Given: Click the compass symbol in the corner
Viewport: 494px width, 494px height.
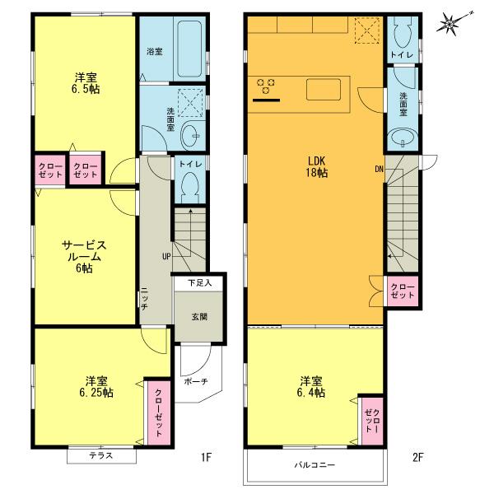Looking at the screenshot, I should [450, 23].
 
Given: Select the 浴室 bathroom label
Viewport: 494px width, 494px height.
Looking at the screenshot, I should [154, 51].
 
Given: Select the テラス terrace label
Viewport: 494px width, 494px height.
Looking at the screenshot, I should [91, 455].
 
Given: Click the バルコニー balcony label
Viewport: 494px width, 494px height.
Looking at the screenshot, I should [315, 465].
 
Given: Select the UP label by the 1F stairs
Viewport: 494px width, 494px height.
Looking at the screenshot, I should [166, 257].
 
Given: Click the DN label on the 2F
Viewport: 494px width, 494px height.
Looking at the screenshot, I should [379, 170].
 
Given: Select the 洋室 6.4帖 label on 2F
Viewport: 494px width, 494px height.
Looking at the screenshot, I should [312, 387].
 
